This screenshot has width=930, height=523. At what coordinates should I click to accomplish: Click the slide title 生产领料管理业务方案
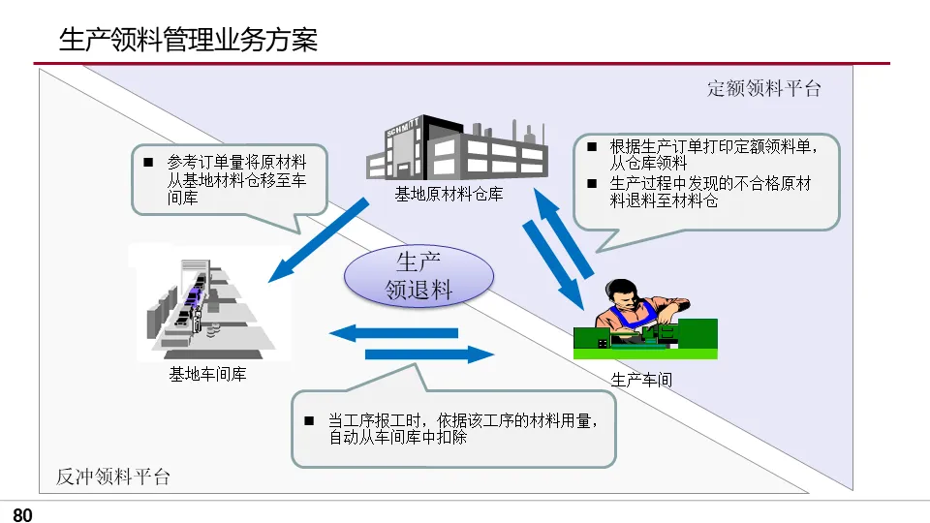(x=188, y=40)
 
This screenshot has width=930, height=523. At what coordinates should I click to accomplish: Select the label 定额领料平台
(x=764, y=89)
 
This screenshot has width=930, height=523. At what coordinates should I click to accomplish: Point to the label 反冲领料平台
(x=112, y=477)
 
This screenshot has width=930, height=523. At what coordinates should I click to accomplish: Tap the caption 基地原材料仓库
(x=449, y=195)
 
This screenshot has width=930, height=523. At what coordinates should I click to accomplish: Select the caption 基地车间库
(x=207, y=374)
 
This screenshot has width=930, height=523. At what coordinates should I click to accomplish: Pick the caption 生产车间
(x=641, y=380)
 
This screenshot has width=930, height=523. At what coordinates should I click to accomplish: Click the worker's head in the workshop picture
(x=620, y=292)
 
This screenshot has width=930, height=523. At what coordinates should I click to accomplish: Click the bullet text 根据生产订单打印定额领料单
(x=711, y=147)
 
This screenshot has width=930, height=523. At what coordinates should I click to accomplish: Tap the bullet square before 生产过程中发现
(x=593, y=183)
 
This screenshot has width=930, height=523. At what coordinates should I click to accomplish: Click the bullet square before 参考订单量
(x=148, y=162)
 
